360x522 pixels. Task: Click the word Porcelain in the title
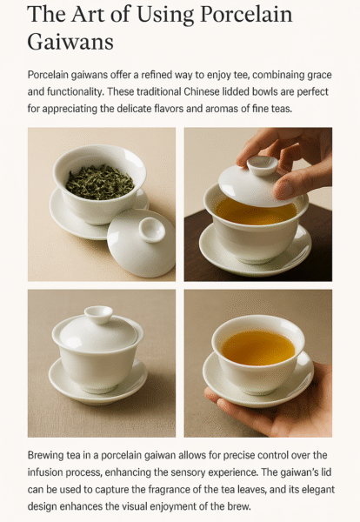[x=247, y=14]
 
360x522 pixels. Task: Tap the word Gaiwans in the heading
[x=70, y=43]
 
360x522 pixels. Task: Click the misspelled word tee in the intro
[x=242, y=75]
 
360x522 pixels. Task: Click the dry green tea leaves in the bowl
[x=100, y=182]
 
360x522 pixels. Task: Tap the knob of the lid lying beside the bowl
[x=152, y=230]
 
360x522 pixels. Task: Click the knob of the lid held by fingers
[x=263, y=165]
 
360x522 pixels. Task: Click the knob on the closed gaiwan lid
[x=98, y=315]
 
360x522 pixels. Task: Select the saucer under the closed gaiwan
[x=97, y=382]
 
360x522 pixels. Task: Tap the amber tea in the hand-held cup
[x=258, y=347]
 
